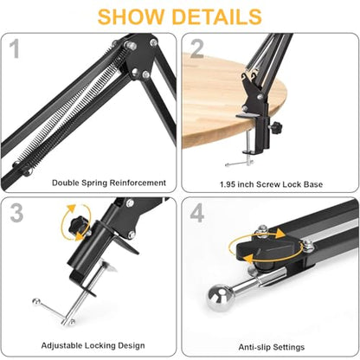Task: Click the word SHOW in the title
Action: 132,16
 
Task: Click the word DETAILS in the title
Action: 217,16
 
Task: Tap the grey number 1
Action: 15,48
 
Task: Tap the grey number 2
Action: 197,49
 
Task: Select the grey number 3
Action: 16,213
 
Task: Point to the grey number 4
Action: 197,213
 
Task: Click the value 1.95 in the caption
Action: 228,184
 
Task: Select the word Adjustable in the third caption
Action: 60,345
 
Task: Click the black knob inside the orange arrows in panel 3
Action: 78,226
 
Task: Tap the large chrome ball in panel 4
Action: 219,298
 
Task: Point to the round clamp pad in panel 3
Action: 108,266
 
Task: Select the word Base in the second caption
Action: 313,184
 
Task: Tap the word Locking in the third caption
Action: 95,345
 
